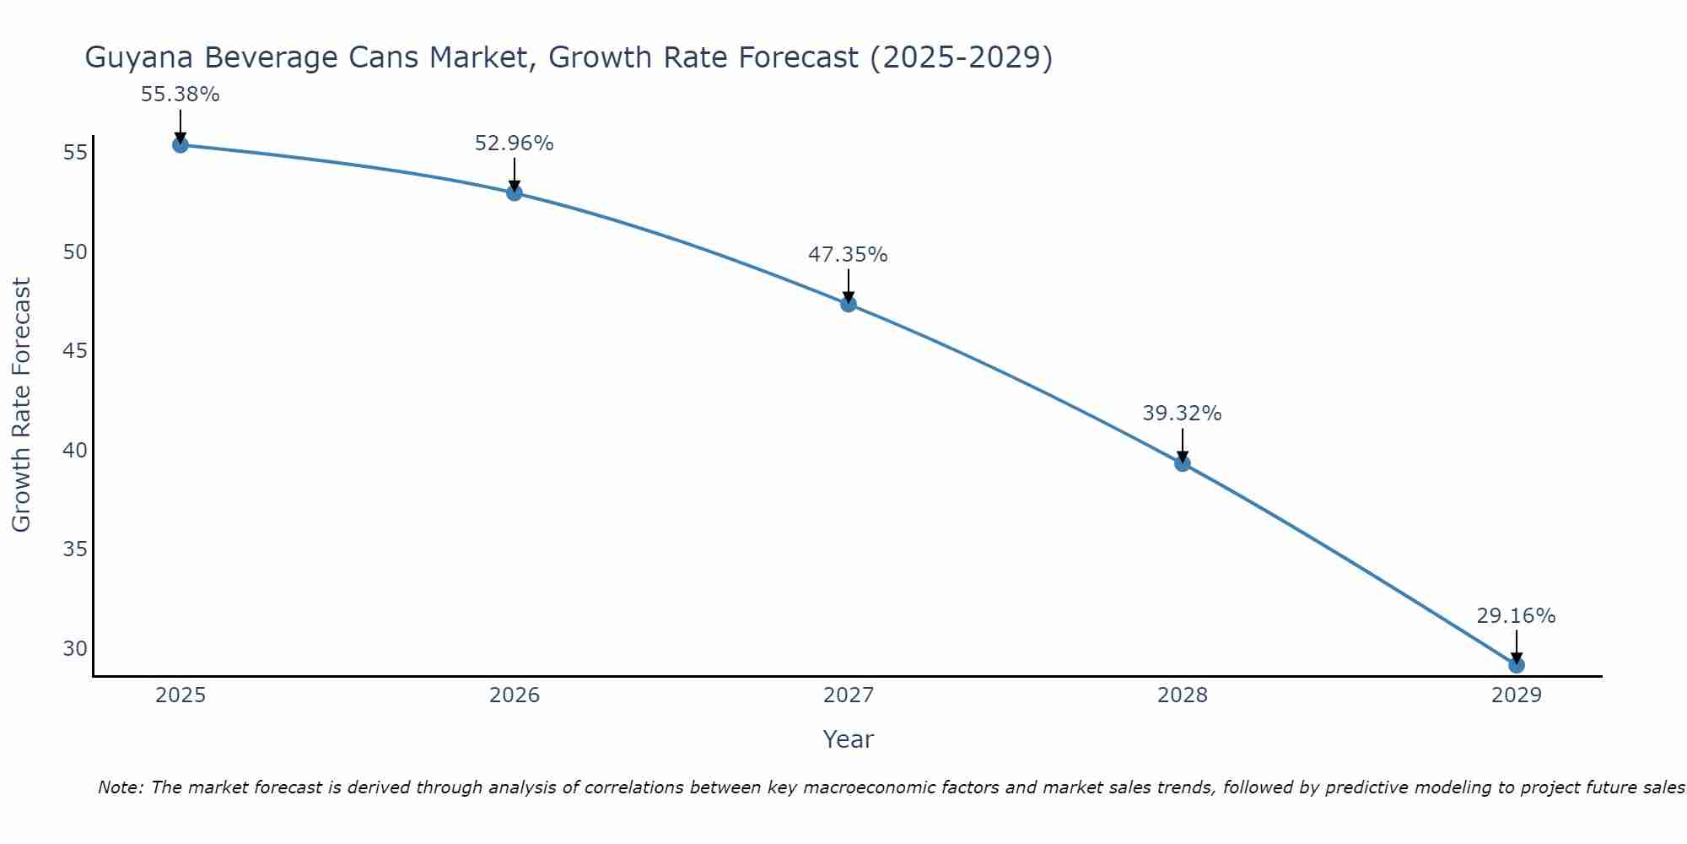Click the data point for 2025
pyautogui.click(x=181, y=145)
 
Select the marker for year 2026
pyautogui.click(x=515, y=193)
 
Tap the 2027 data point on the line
pyautogui.click(x=849, y=304)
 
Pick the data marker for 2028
pyautogui.click(x=1183, y=463)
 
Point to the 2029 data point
pyautogui.click(x=1517, y=665)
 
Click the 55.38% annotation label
pyautogui.click(x=181, y=95)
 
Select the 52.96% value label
pyautogui.click(x=515, y=143)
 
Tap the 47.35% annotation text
pyautogui.click(x=849, y=255)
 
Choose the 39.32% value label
pyautogui.click(x=1183, y=414)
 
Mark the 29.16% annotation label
pyautogui.click(x=1517, y=616)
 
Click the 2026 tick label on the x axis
pyautogui.click(x=515, y=695)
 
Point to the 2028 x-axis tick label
pyautogui.click(x=1183, y=695)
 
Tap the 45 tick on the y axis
pyautogui.click(x=75, y=350)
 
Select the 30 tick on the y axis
pyautogui.click(x=75, y=648)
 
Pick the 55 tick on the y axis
pyautogui.click(x=75, y=153)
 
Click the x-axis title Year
pyautogui.click(x=849, y=739)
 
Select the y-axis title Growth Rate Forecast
pyautogui.click(x=22, y=405)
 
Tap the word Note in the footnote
pyautogui.click(x=121, y=787)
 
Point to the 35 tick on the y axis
pyautogui.click(x=75, y=549)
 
